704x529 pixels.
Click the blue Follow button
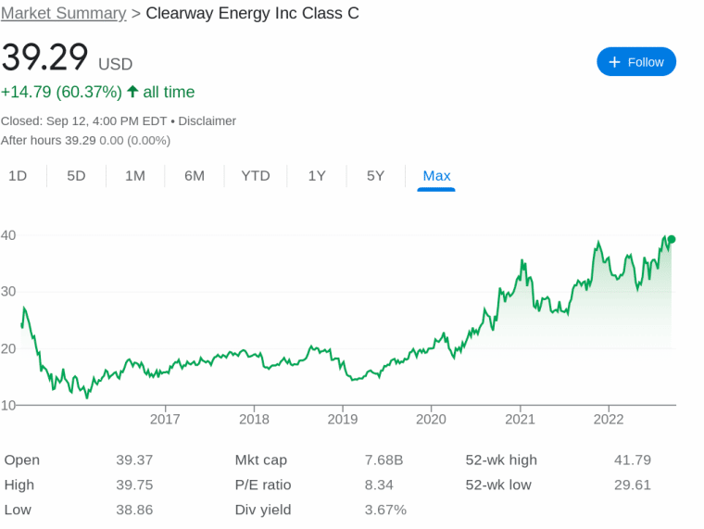coord(636,62)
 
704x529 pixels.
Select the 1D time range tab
coord(18,175)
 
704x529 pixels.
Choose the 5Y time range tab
coord(375,175)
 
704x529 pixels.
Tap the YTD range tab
coord(256,175)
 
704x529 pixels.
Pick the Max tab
coord(436,175)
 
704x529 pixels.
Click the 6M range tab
coord(195,175)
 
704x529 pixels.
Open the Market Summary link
coord(63,13)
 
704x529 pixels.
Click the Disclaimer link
coord(207,120)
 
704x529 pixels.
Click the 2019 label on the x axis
coord(343,419)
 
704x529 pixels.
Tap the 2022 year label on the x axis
coord(609,419)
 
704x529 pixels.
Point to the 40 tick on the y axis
coord(8,235)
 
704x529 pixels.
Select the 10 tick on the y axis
coord(8,405)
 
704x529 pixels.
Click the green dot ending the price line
coord(671,240)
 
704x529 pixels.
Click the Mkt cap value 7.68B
coord(383,460)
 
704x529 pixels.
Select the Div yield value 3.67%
coord(385,510)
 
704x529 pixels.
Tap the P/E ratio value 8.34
coord(379,485)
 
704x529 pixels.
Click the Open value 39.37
coord(134,460)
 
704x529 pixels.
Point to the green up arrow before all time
coord(132,92)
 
